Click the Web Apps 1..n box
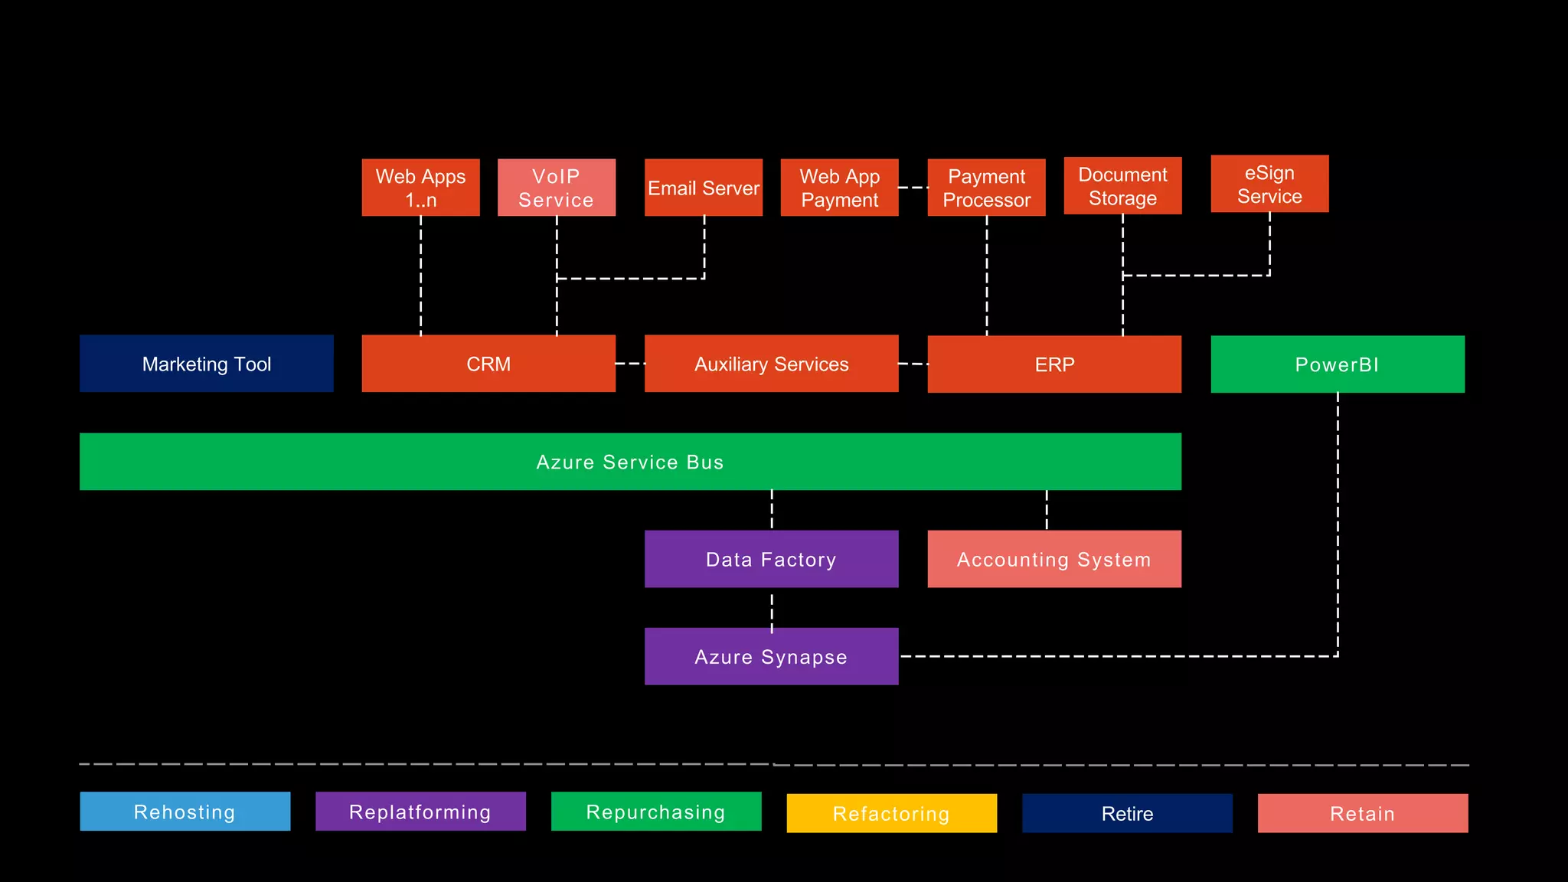click(x=420, y=188)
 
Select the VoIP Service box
click(x=557, y=188)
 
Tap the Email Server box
click(x=704, y=188)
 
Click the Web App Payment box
click(x=839, y=188)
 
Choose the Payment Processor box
click(x=986, y=188)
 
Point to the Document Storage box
click(x=1122, y=186)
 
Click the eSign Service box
click(x=1269, y=184)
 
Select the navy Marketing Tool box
click(x=207, y=364)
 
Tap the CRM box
click(x=488, y=364)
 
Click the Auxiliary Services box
click(x=771, y=364)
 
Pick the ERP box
click(x=1054, y=364)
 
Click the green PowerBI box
click(x=1337, y=364)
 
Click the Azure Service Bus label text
click(x=629, y=462)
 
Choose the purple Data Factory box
click(x=771, y=559)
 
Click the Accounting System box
click(x=1054, y=559)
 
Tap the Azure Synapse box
click(x=771, y=656)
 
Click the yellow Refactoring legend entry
click(x=891, y=813)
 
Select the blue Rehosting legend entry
click(x=185, y=812)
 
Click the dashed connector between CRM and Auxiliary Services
click(x=630, y=364)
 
